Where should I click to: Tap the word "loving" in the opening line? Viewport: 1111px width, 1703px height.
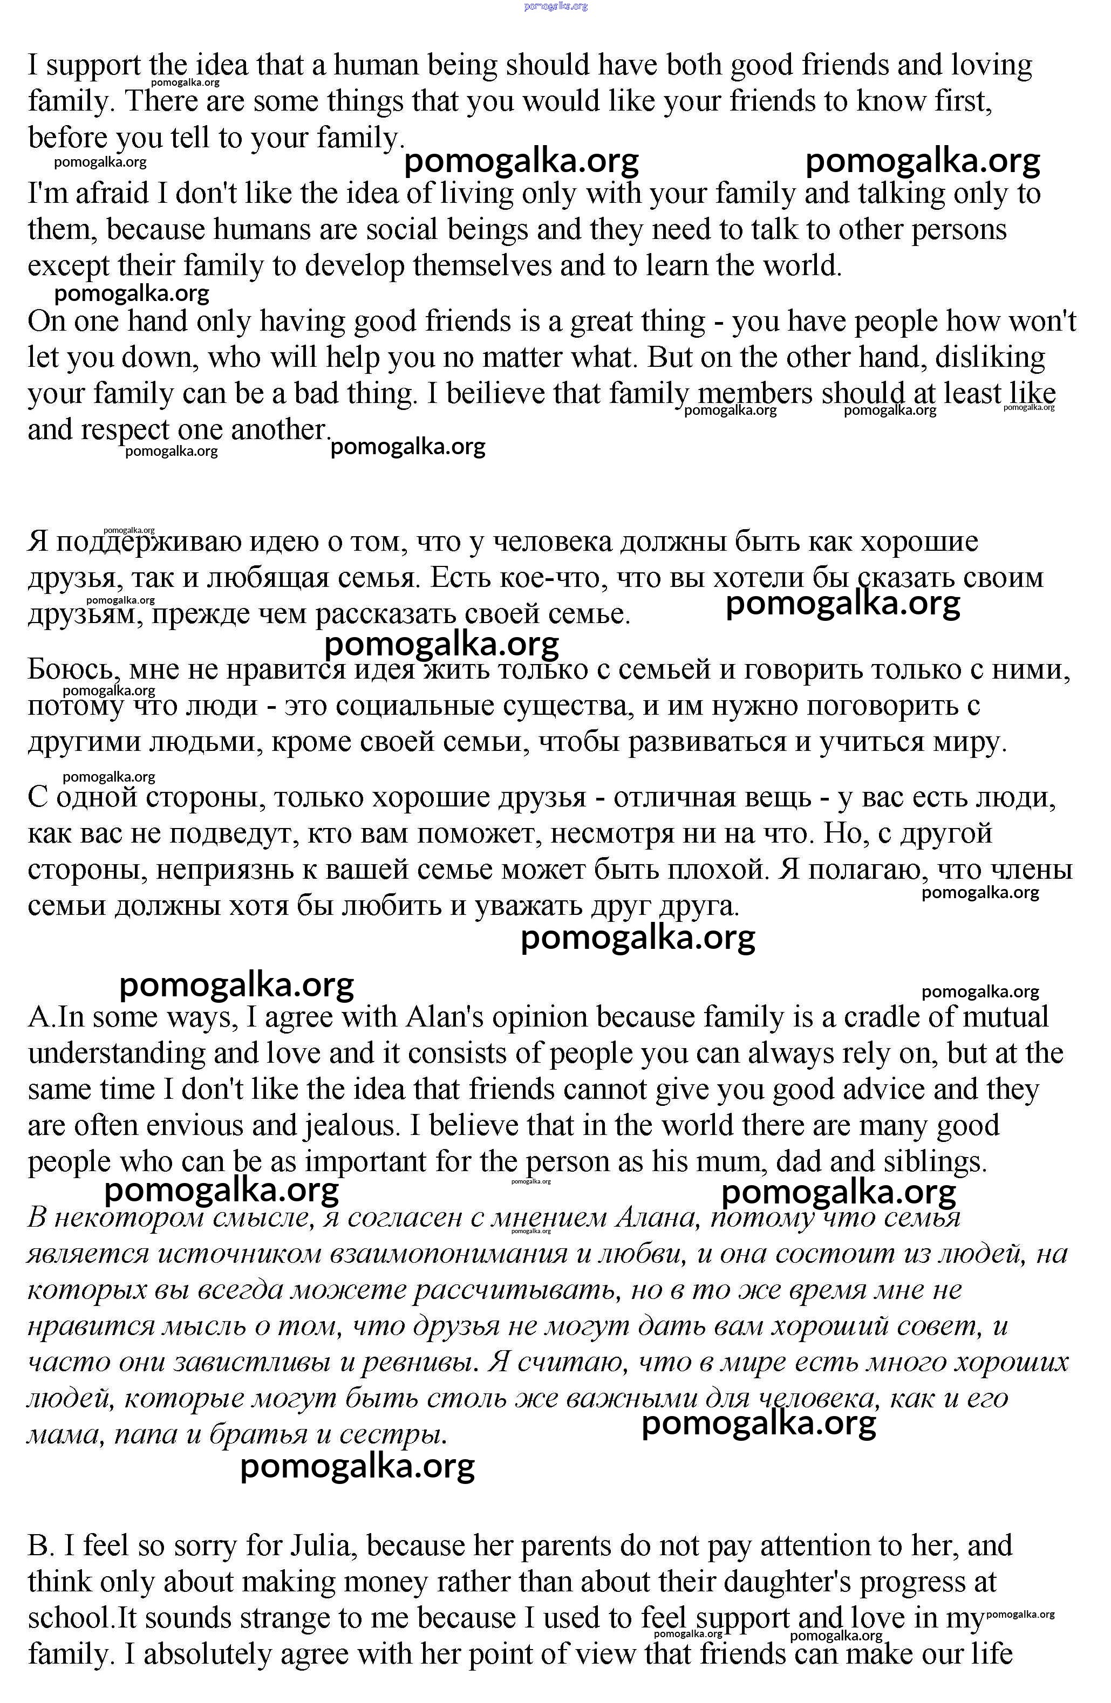point(991,65)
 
